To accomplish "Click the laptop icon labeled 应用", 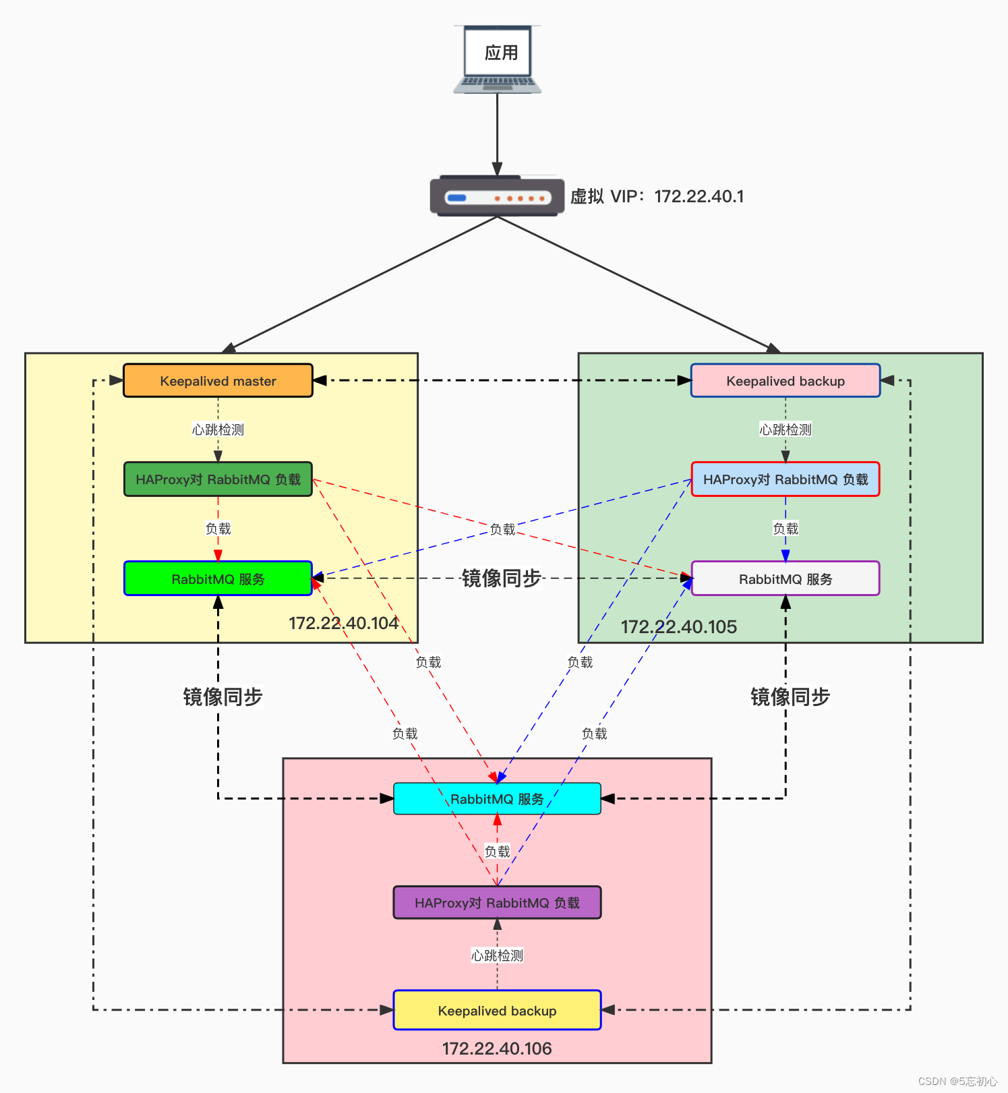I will point(498,59).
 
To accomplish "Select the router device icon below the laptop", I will point(497,197).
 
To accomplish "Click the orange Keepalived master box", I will point(218,381).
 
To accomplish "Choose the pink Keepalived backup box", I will point(785,381).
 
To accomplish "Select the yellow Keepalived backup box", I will point(497,1010).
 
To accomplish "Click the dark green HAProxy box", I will point(218,479).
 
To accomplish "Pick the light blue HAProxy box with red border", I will point(785,479).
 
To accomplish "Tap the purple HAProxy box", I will point(497,903).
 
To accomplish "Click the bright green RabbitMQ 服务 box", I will point(218,579).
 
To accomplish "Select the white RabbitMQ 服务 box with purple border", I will point(785,579).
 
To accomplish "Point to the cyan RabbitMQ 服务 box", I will point(497,799).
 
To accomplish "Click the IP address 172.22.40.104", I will point(343,623).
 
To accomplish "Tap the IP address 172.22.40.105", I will point(678,627).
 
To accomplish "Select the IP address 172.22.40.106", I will point(497,1048).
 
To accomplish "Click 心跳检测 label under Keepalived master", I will point(218,430).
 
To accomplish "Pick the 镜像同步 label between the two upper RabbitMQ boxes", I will point(501,579).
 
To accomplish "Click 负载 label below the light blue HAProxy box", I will point(785,529).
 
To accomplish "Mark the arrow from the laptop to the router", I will point(497,135).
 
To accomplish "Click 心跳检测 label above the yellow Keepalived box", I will point(497,955).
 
